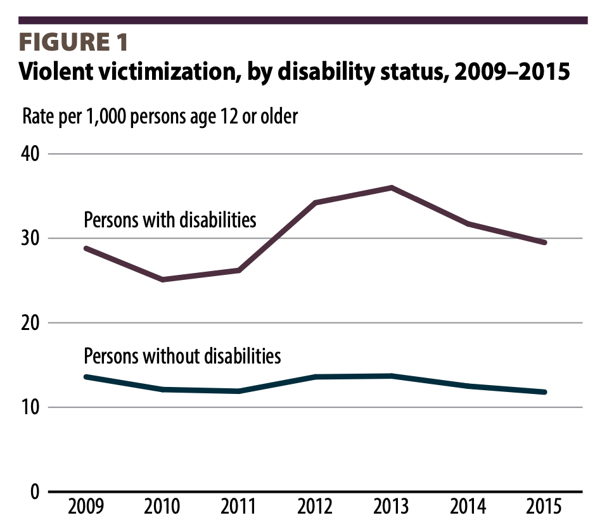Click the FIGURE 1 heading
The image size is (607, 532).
74,42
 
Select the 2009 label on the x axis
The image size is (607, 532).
85,509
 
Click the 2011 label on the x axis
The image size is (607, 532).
239,509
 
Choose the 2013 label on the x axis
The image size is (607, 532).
392,509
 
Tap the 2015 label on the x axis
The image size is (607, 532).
544,509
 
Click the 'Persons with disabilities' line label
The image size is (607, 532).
170,220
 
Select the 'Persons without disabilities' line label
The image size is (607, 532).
182,356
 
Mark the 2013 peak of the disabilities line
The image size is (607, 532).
392,187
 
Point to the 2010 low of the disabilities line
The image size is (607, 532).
162,279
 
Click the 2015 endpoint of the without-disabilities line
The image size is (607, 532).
544,392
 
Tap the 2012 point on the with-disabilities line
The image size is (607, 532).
315,203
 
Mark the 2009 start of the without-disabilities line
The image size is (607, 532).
86,377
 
